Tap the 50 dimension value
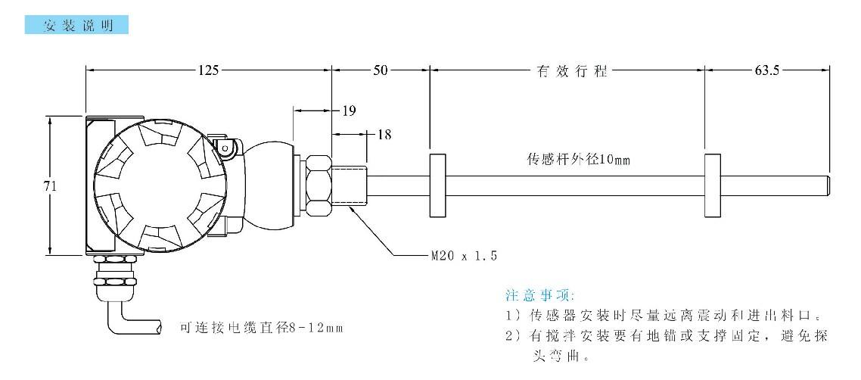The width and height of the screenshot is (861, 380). (x=380, y=70)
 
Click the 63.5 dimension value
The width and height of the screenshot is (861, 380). (x=766, y=70)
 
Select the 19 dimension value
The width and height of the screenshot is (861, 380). (x=349, y=111)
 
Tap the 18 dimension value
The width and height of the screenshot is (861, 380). (x=384, y=134)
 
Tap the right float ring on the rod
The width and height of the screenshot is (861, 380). (x=713, y=185)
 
